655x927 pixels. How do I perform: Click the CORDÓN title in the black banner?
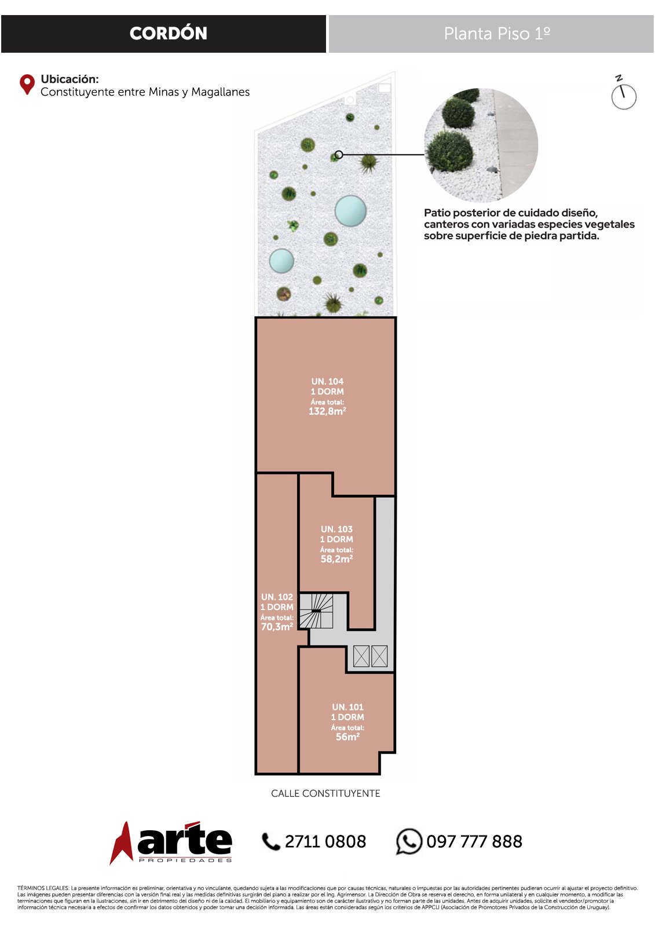[168, 34]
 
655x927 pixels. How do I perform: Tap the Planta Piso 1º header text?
[497, 34]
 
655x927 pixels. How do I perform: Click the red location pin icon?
[27, 85]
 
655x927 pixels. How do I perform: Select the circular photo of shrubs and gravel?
[481, 145]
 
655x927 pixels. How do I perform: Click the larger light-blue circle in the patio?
[350, 211]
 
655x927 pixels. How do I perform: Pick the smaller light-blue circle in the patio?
[281, 261]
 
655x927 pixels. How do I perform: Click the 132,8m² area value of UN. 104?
[327, 411]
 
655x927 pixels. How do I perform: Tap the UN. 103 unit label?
[337, 529]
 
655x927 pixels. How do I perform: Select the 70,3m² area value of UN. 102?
[277, 626]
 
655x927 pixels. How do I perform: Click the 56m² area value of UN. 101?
[347, 736]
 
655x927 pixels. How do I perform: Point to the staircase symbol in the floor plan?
[316, 611]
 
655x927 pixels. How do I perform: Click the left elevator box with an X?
[361, 656]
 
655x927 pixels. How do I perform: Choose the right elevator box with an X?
[379, 656]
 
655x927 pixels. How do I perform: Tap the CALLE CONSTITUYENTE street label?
[325, 793]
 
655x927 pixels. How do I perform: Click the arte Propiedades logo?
[171, 842]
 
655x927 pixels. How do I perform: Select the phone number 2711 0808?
[325, 842]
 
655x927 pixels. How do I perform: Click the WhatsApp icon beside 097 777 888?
[409, 841]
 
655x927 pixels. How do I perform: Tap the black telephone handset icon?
[271, 842]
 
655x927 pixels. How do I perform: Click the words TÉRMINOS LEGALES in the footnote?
[43, 888]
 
